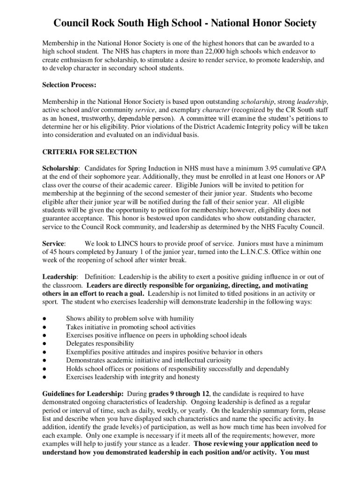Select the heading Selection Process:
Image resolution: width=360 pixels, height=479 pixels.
pyautogui.click(x=63, y=85)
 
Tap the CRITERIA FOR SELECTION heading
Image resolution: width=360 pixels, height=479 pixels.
pyautogui.click(x=89, y=152)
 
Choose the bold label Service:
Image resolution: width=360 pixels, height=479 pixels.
pyautogui.click(x=54, y=243)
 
